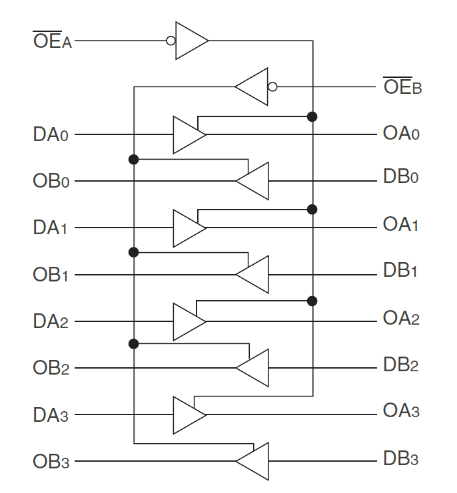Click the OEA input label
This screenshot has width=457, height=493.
point(52,41)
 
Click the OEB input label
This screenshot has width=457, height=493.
point(402,86)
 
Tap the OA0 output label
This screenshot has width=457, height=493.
point(401,133)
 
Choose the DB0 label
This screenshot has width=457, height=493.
point(401,178)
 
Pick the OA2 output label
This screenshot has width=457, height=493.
point(401,319)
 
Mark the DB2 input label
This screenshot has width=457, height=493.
point(401,365)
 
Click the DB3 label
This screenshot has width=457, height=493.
point(401,459)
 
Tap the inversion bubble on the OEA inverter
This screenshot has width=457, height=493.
point(171,41)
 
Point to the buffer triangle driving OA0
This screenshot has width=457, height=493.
point(188,134)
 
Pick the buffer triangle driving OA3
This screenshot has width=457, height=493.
point(188,415)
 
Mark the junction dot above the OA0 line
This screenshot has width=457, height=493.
point(312,116)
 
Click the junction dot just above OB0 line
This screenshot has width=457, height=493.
point(134,160)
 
